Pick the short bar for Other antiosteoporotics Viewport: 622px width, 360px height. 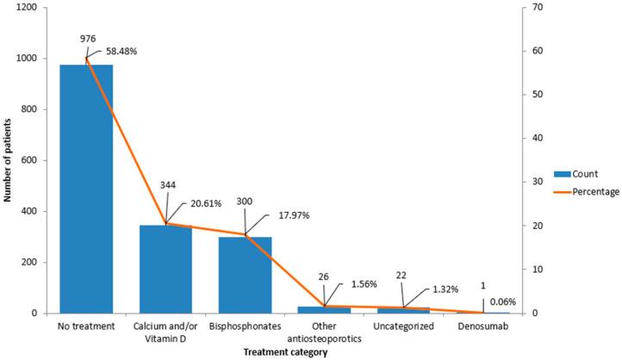click(324, 309)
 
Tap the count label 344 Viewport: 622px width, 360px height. click(165, 186)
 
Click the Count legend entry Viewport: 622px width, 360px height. click(583, 173)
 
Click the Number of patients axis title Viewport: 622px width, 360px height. click(7, 160)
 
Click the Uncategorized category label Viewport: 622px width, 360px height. click(403, 328)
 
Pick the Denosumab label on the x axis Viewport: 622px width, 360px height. click(482, 328)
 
